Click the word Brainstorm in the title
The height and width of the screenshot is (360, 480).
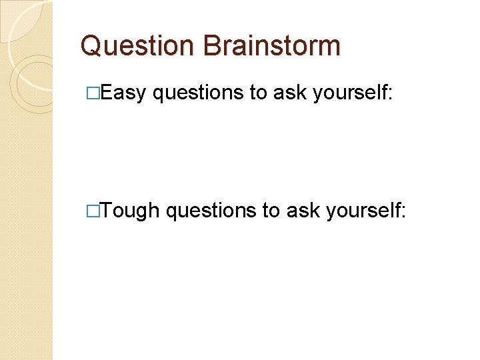pos(272,45)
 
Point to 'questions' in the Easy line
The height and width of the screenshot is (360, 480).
pos(197,94)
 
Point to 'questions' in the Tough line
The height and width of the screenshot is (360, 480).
pos(211,211)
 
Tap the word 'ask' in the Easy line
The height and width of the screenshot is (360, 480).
pos(289,93)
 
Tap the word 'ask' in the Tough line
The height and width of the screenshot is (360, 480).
pos(302,210)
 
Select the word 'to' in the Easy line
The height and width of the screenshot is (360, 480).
pos(257,93)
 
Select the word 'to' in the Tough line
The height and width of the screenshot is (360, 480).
pos(271,210)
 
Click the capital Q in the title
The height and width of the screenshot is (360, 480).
pos(91,46)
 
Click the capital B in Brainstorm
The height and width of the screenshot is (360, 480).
pos(212,45)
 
